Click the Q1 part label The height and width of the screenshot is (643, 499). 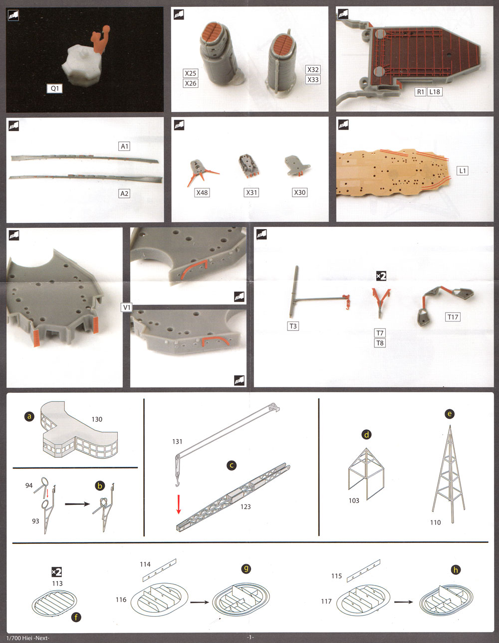point(54,88)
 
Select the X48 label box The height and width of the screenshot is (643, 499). point(202,192)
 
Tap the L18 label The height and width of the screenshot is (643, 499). point(435,92)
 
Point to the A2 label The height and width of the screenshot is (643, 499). point(124,193)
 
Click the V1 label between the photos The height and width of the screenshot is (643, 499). point(126,308)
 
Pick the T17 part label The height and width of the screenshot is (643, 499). point(453,317)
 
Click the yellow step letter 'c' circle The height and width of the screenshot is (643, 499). point(232,466)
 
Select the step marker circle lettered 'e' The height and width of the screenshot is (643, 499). point(450,414)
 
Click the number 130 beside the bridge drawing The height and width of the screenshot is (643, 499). point(97,419)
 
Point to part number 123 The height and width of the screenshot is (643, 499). point(246,506)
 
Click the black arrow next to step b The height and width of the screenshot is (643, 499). point(77,504)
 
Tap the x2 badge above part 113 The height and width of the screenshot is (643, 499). point(56,572)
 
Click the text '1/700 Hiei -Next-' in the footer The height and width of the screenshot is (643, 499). point(28,638)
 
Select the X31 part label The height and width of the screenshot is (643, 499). point(251,192)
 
